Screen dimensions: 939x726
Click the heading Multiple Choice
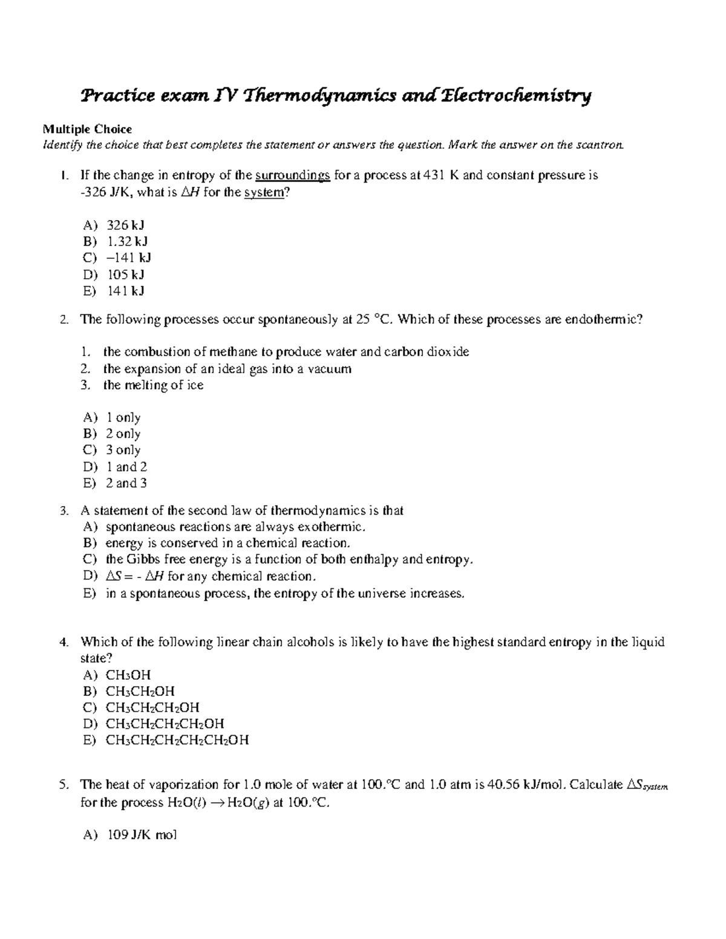pos(87,129)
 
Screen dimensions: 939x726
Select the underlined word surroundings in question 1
pos(293,176)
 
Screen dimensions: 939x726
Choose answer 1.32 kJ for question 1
pos(127,242)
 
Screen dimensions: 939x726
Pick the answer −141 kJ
pos(128,258)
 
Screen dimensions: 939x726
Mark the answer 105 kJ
pos(125,275)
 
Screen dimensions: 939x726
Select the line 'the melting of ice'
pos(153,385)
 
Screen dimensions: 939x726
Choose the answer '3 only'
pos(123,450)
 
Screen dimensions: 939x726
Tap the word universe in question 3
pos(379,594)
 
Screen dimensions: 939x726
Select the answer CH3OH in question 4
pos(128,675)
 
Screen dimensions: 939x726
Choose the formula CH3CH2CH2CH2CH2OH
pos(177,740)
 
